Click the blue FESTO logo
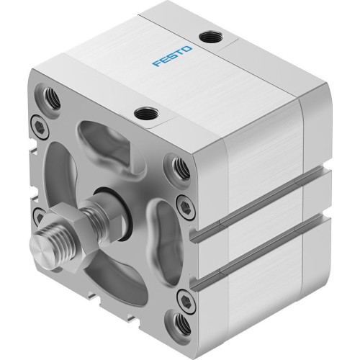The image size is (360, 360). (171, 59)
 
